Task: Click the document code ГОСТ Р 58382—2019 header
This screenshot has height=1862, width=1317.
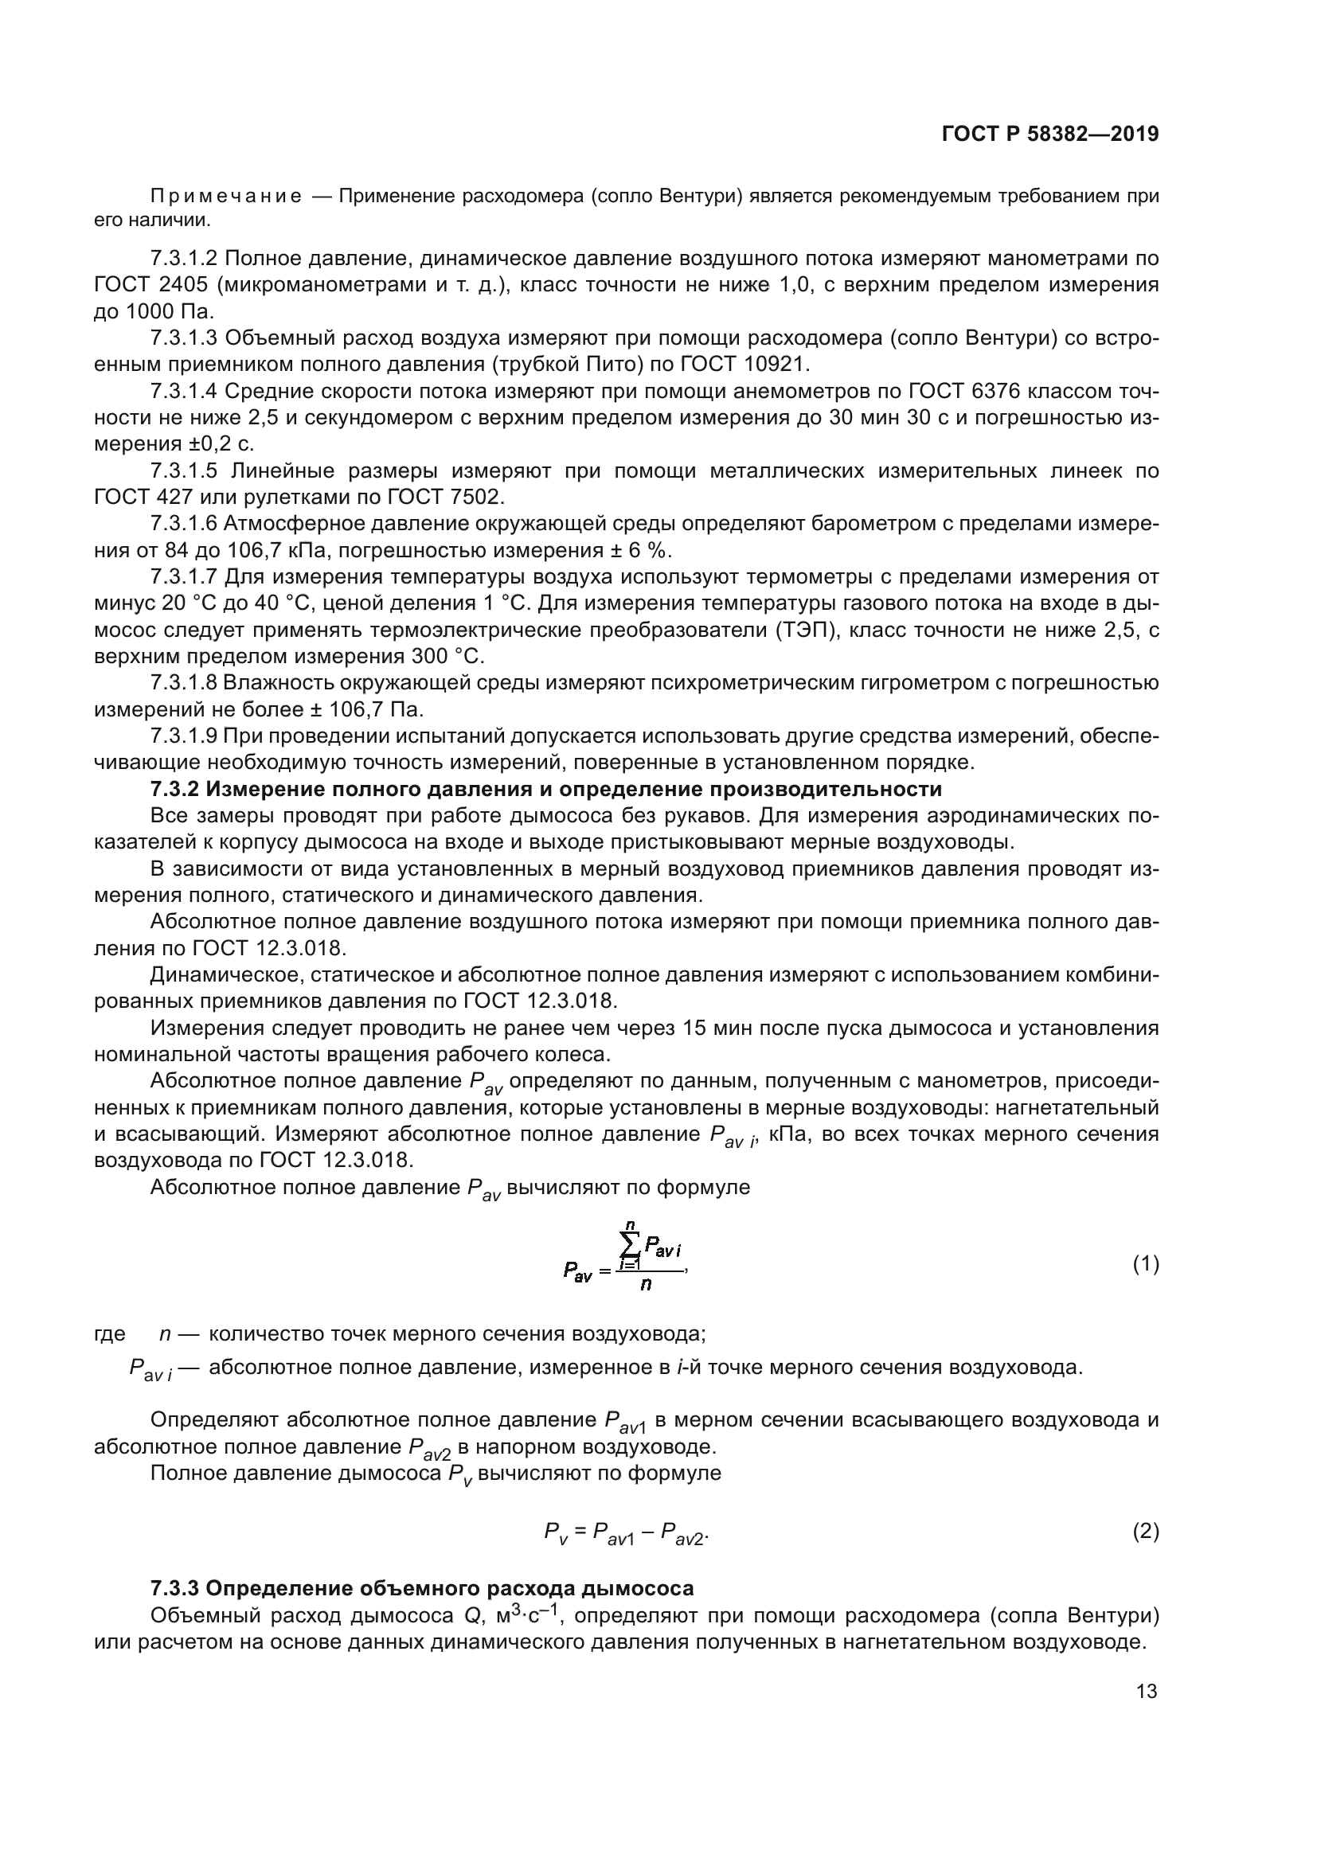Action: point(1049,135)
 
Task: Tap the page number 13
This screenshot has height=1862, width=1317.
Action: point(1147,1692)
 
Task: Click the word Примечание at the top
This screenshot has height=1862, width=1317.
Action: point(226,197)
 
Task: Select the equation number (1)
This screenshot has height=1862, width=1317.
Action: point(1145,1263)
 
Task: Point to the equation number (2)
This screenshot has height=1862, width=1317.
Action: point(1145,1531)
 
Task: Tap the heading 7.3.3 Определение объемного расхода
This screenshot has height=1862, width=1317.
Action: point(422,1588)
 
